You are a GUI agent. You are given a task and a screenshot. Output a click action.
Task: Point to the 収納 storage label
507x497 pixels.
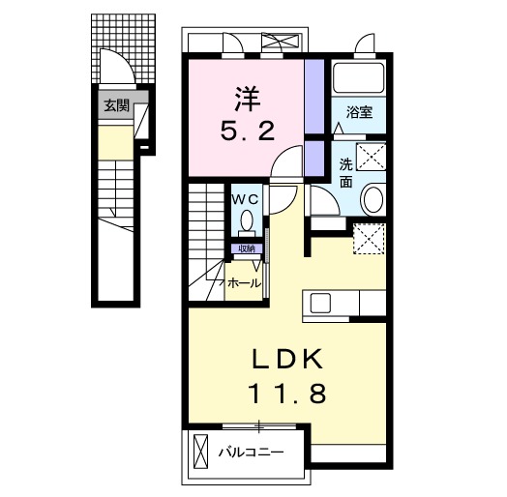246,248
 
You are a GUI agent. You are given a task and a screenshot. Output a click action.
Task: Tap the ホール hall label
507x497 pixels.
242,283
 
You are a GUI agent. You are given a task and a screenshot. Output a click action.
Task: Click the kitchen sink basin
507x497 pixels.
320,303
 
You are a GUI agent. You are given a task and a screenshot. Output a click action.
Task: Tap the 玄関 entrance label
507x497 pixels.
117,106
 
